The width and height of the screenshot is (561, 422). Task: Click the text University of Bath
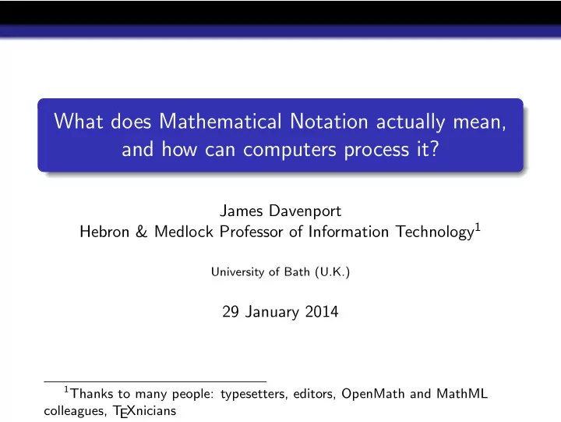point(256,272)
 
